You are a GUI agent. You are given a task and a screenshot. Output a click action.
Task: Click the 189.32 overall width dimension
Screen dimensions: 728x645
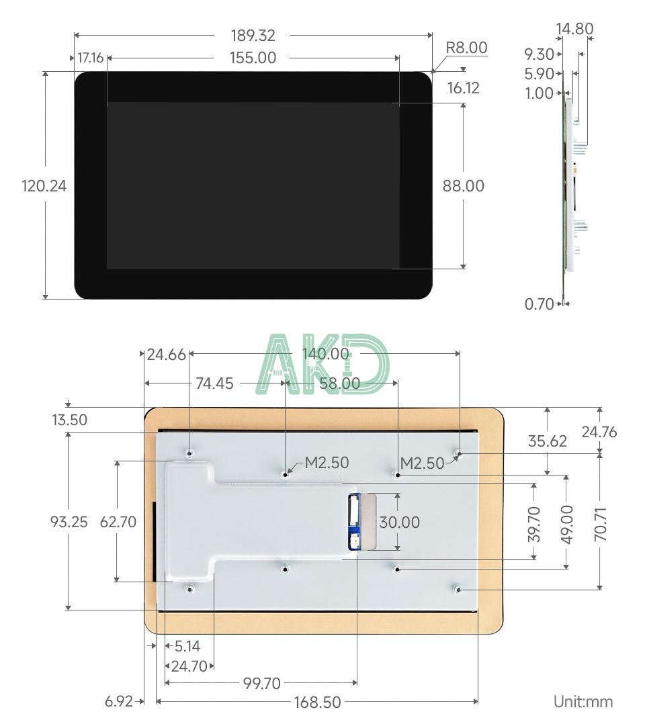(x=253, y=36)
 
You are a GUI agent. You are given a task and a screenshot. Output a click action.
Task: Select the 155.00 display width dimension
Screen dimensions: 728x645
(x=253, y=58)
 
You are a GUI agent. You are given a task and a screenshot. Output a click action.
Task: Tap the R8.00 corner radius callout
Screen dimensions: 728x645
(x=466, y=48)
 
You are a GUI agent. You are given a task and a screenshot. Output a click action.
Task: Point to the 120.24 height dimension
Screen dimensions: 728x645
(x=44, y=186)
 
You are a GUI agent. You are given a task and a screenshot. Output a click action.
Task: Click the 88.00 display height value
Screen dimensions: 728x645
(x=463, y=186)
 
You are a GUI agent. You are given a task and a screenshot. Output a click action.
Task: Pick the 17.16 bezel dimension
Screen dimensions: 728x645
(x=90, y=58)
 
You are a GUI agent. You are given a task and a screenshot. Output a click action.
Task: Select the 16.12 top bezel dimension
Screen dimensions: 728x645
(x=463, y=88)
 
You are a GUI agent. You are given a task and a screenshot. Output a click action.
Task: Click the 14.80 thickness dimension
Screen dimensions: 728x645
(x=574, y=28)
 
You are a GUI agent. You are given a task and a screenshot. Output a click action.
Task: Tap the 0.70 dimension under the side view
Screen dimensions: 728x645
(x=540, y=304)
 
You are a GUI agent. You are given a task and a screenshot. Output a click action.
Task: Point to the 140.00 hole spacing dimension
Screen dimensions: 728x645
(x=325, y=354)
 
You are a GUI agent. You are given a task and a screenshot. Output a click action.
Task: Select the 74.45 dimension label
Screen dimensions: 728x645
(x=214, y=383)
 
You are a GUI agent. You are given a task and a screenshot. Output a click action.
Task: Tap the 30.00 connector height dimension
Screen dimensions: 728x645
(x=399, y=522)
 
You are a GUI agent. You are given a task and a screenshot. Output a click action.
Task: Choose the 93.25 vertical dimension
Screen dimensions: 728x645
(x=69, y=522)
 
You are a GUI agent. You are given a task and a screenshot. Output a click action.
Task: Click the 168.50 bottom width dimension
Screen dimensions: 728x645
(x=317, y=702)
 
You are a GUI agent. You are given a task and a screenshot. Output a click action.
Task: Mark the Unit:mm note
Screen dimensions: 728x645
(x=583, y=702)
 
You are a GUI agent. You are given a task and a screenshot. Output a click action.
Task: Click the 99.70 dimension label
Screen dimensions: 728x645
(x=261, y=684)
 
